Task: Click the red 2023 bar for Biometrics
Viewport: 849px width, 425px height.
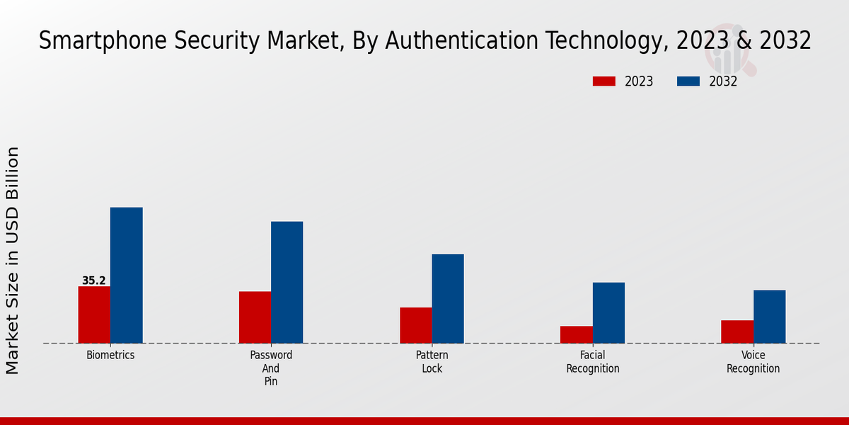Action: [94, 314]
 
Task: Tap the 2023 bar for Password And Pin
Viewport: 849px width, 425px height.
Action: [255, 317]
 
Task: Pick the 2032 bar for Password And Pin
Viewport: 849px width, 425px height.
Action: [287, 282]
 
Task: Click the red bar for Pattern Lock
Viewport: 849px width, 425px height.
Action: [415, 325]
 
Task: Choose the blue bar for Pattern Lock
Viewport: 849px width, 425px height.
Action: [448, 298]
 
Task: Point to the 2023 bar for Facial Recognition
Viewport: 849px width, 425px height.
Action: [576, 334]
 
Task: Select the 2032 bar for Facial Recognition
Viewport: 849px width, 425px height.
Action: [608, 312]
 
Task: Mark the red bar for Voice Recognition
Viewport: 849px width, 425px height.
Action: [737, 331]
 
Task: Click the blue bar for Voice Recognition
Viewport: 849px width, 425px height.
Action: [769, 317]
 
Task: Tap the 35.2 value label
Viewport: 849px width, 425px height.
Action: [93, 280]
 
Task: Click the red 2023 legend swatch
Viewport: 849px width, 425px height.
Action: [603, 81]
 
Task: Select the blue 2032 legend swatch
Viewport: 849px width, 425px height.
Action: [688, 81]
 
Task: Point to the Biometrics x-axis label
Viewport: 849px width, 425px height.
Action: [110, 355]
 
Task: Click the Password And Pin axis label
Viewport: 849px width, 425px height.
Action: [271, 368]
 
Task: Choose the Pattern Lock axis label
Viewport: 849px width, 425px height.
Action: [432, 362]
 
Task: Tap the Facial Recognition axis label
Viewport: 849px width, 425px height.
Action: [593, 362]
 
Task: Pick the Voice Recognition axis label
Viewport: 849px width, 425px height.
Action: [753, 362]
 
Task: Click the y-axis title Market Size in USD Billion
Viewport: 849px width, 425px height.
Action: [13, 260]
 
